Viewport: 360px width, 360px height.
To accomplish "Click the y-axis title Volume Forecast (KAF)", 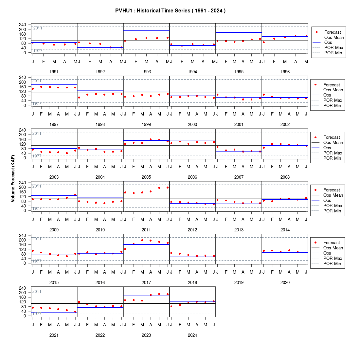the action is point(13,179).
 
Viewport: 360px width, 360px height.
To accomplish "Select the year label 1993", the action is point(146,72).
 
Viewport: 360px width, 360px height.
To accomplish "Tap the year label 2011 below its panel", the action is point(146,230).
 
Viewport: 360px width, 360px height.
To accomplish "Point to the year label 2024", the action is point(192,335).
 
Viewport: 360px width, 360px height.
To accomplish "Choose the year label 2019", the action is point(239,283).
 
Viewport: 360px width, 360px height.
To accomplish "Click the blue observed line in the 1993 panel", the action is point(147,31).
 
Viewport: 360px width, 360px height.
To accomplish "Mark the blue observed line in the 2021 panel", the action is point(54,312).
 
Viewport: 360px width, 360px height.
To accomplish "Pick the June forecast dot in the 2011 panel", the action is point(168,188).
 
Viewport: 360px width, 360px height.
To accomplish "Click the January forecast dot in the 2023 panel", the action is point(125,300).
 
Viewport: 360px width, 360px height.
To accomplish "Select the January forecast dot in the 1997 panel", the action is point(33,89).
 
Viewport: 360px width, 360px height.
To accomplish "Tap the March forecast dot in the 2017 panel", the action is point(142,241).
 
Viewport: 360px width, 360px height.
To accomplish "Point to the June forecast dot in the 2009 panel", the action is point(75,195).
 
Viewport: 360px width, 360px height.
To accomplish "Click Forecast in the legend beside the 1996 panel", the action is point(333,32).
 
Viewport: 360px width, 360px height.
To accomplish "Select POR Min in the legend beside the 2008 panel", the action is point(332,158).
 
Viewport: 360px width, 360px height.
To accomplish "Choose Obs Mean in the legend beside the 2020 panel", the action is point(333,248).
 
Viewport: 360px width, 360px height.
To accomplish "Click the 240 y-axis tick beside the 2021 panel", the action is point(23,288).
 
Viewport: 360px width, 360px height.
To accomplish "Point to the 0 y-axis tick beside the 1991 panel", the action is point(25,53).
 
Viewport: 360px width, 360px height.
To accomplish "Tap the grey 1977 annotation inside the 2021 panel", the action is point(37,314).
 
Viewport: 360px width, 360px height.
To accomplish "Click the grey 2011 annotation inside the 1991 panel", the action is point(38,28).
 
